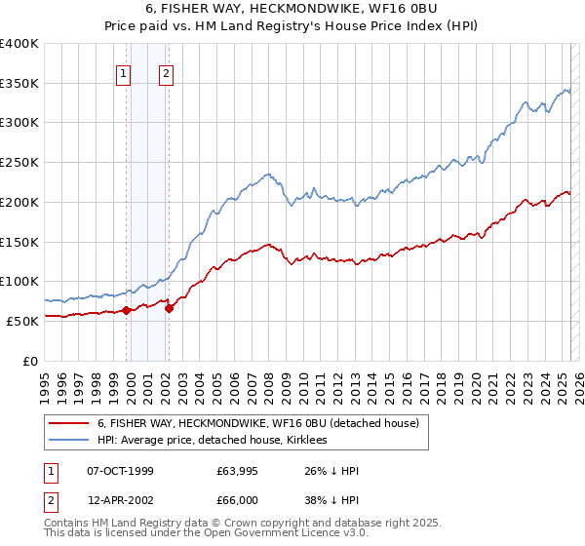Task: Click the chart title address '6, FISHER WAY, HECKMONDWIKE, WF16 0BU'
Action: click(x=292, y=10)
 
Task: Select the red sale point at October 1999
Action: click(x=127, y=310)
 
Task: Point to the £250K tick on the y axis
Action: click(x=21, y=162)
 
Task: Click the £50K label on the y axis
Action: click(x=21, y=321)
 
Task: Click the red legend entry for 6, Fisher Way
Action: click(x=257, y=423)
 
